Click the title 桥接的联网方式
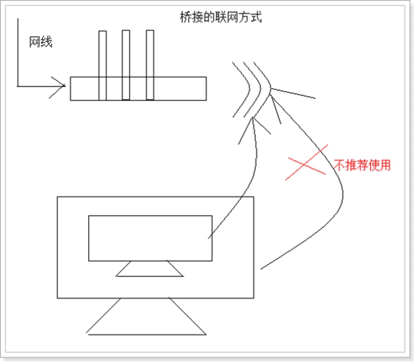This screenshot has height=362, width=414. coord(221,17)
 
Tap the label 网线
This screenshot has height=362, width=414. coord(41,42)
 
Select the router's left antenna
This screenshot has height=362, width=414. coord(102,66)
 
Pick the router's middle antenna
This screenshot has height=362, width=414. coord(126,65)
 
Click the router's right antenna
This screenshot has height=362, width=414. coord(150,65)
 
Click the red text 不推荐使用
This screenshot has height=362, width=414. coord(362,165)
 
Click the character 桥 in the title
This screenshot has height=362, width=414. coord(186,17)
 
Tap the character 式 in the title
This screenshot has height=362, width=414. coord(256,17)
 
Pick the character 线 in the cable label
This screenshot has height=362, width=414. coord(47,42)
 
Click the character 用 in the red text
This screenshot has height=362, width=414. coord(385,165)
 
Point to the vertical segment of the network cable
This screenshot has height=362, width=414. coord(18,52)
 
